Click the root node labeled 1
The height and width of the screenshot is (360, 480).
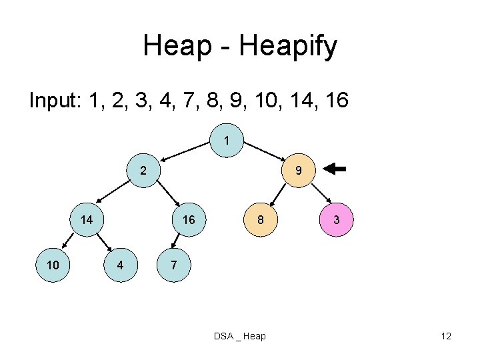point(227,141)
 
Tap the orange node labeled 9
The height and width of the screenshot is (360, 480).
point(299,171)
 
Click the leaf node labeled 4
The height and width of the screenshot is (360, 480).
point(120,265)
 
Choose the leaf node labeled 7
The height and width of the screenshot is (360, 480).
point(173,265)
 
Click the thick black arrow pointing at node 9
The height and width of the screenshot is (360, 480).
point(336,169)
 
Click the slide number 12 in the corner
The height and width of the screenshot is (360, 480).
point(446,336)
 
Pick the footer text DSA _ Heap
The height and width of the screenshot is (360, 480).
point(239,336)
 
